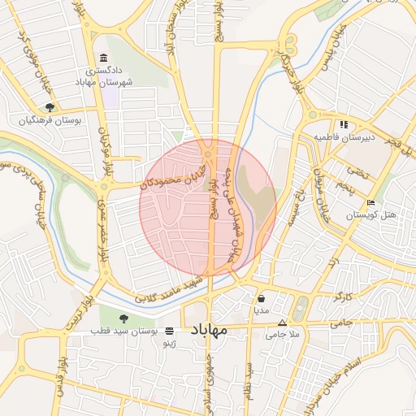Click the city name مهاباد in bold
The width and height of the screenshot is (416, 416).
(x=210, y=331)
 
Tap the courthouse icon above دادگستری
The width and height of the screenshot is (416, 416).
(x=103, y=58)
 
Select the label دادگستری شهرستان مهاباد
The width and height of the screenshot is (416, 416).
(x=102, y=77)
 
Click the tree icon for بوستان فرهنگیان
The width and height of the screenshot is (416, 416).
(x=50, y=106)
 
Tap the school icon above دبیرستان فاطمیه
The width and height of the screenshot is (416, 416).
(x=344, y=124)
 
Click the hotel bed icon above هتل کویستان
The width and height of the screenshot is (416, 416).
(x=371, y=202)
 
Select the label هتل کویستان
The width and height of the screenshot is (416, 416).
(x=371, y=215)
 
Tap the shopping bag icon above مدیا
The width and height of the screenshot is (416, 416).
(x=261, y=298)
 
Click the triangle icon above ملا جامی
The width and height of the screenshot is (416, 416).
(x=282, y=322)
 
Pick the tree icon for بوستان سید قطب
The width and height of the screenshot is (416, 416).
(x=123, y=318)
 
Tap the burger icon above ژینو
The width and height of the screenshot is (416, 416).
(x=169, y=331)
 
